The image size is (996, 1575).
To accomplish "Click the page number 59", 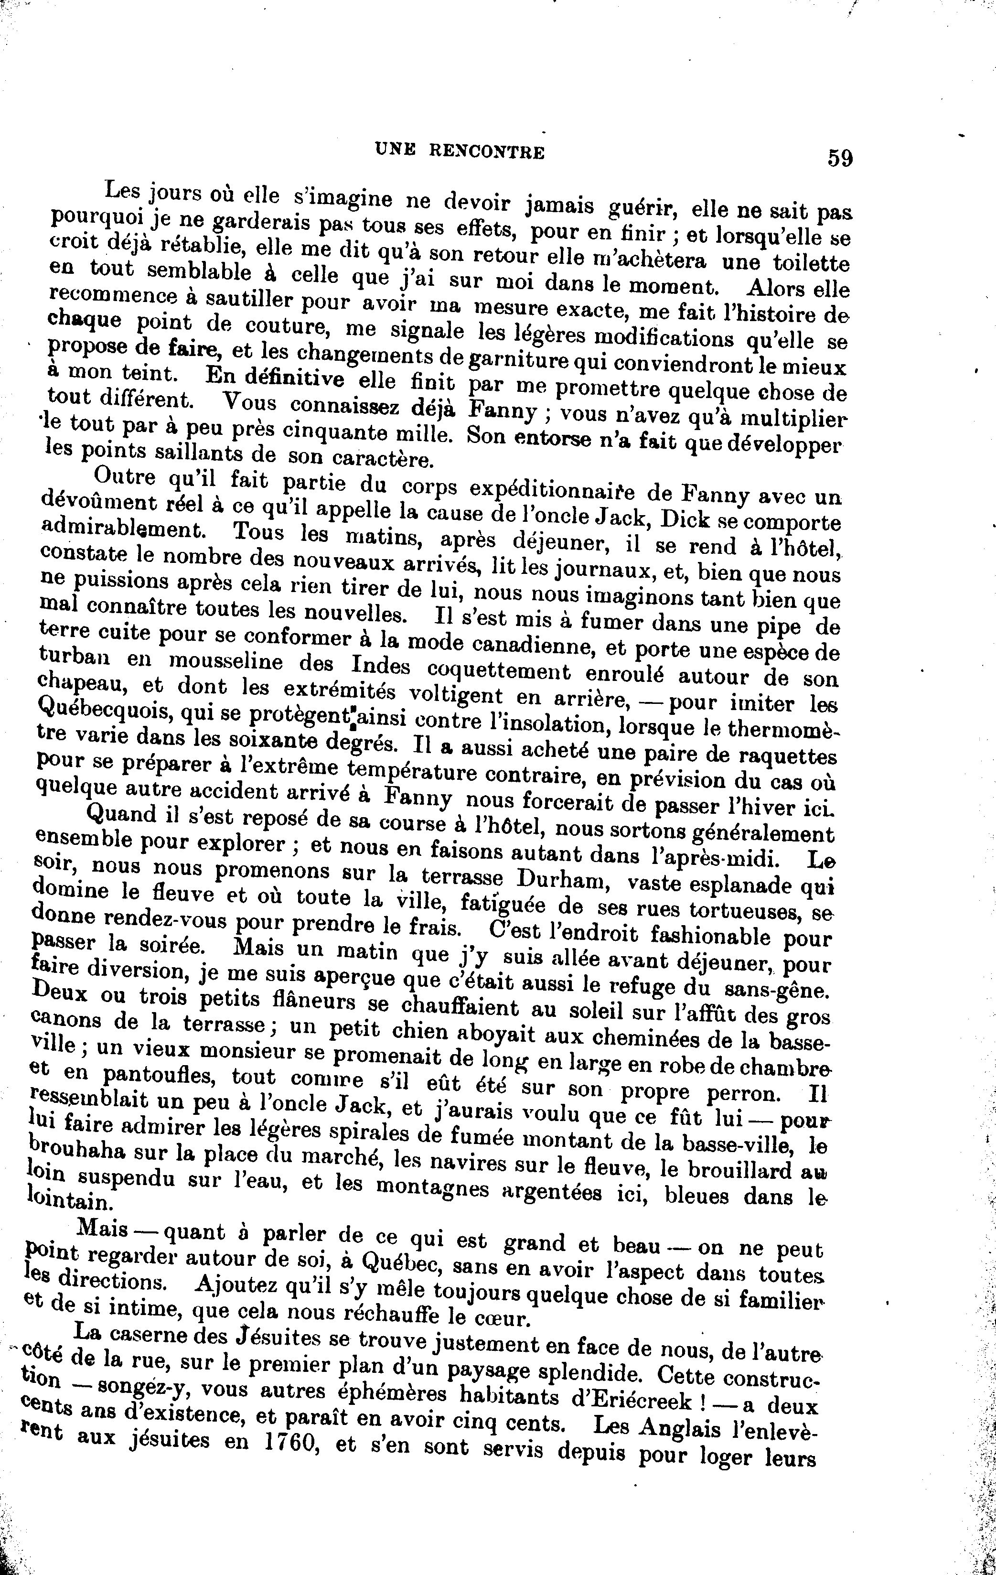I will click(840, 158).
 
